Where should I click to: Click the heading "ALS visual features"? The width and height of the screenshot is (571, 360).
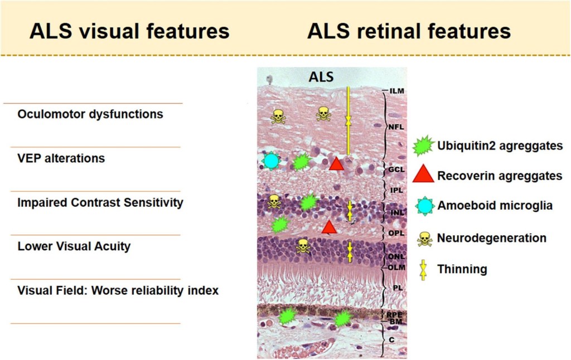129,31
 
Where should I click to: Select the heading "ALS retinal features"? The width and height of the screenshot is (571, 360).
409,31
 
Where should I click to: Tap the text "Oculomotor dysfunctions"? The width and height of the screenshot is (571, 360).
90,114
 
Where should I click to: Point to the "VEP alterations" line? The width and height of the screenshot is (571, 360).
61,158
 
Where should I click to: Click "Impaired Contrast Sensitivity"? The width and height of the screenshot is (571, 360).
100,202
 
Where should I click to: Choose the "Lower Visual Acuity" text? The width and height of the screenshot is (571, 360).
74,246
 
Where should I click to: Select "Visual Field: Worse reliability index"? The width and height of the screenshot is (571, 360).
118,290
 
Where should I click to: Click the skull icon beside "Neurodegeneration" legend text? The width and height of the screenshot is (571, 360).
424,239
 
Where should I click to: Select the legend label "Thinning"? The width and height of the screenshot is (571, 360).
462,269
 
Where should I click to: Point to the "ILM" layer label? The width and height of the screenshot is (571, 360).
397,91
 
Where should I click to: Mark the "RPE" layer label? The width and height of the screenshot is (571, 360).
395,315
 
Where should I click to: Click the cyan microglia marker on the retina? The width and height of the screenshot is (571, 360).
270,161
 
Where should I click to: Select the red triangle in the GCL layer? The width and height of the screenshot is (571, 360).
336,164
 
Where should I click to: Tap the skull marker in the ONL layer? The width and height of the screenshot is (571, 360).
303,246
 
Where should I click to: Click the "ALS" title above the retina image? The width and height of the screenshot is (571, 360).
321,77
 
